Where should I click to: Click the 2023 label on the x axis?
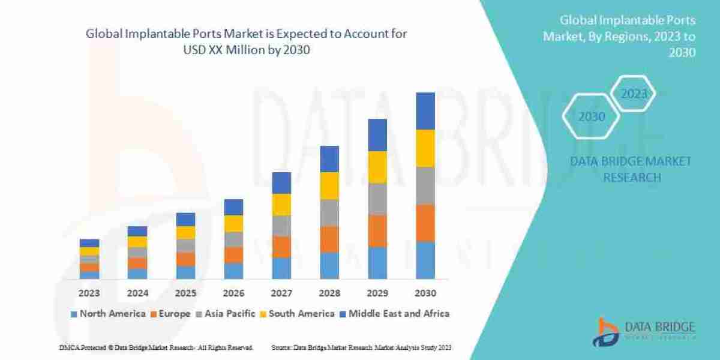click(x=89, y=293)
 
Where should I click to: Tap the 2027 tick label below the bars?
click(x=281, y=293)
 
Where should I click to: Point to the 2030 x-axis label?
click(x=425, y=293)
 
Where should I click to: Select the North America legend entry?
click(x=108, y=313)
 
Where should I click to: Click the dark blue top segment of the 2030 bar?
click(x=425, y=111)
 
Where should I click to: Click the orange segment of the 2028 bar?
click(x=329, y=239)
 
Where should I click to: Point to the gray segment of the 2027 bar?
click(x=281, y=226)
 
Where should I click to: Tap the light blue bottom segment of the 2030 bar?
click(x=425, y=260)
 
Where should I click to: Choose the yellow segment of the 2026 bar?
click(x=233, y=223)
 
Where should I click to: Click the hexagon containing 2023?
click(x=634, y=94)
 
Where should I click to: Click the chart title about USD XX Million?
click(x=247, y=42)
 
